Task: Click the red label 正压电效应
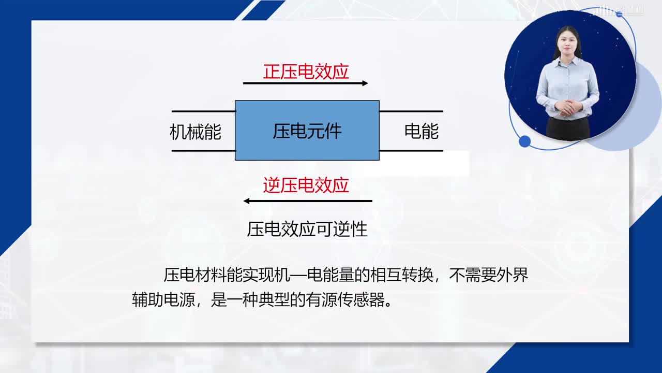pos(306,71)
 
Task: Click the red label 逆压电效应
pos(306,185)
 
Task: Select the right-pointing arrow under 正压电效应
pos(306,83)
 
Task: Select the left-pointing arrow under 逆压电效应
pos(308,201)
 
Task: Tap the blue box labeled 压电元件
pos(307,130)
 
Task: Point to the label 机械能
pos(195,132)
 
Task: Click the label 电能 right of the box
pos(422,131)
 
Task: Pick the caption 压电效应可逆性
pos(307,229)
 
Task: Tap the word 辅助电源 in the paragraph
pos(163,300)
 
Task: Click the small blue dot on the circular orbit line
pos(524,141)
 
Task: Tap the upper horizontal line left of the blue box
pos(204,111)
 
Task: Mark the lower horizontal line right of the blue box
pos(411,151)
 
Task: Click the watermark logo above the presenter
pos(619,11)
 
